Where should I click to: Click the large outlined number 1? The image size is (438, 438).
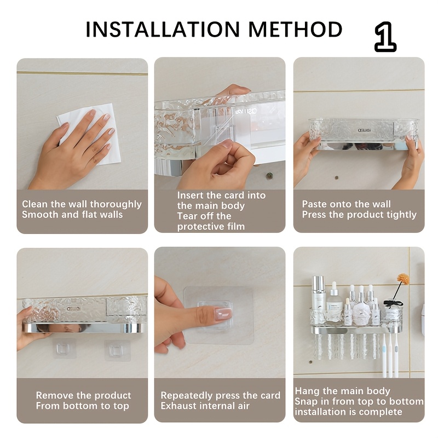coord(385,37)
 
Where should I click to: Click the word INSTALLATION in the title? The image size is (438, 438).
coord(163,30)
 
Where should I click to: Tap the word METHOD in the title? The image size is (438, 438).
coord(295,30)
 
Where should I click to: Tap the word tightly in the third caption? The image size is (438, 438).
coord(401,215)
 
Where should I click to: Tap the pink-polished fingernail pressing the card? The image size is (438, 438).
coord(223,314)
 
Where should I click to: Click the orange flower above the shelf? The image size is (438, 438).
coord(403,279)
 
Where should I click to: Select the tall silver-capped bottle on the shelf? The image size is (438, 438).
coord(318,300)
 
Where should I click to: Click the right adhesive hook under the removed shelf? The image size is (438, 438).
coord(117,350)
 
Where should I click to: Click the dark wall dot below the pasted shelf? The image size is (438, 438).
coord(337,177)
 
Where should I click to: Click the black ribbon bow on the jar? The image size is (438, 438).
coord(393,303)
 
